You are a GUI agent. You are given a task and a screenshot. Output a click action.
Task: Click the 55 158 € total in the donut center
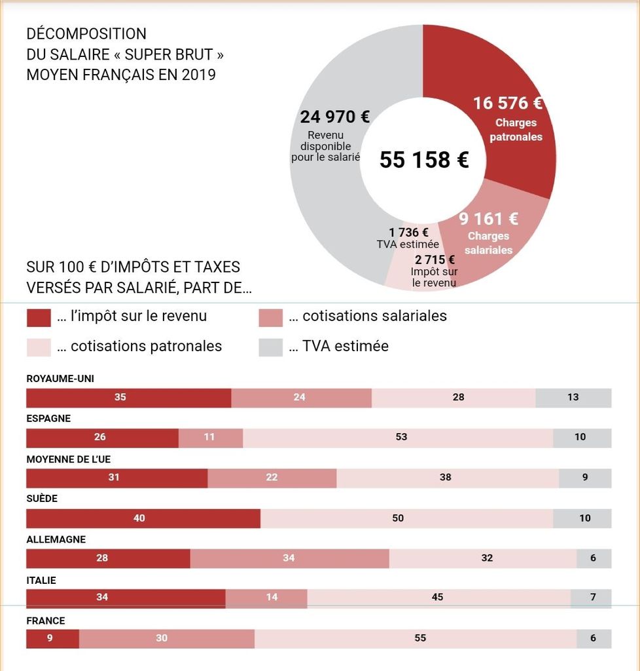pyautogui.click(x=424, y=160)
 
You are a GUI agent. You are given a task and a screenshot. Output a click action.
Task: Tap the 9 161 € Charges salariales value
pyautogui.click(x=488, y=219)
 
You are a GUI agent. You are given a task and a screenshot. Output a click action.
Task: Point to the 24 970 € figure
pyautogui.click(x=334, y=117)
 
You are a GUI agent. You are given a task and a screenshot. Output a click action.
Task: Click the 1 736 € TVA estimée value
pyautogui.click(x=408, y=233)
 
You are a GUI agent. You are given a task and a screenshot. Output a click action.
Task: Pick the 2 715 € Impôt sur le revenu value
pyautogui.click(x=435, y=259)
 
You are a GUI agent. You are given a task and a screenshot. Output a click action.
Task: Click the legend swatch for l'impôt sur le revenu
pyautogui.click(x=39, y=318)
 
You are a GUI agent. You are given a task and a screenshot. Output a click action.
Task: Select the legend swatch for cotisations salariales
pyautogui.click(x=270, y=318)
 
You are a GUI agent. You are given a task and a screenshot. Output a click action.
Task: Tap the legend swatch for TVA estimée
pyautogui.click(x=270, y=347)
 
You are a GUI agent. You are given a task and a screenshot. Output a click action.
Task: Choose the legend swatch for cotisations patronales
pyautogui.click(x=39, y=347)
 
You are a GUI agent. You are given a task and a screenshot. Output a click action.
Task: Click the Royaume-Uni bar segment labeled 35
pyautogui.click(x=129, y=398)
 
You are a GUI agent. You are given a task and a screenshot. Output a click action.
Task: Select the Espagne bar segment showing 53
pyautogui.click(x=398, y=438)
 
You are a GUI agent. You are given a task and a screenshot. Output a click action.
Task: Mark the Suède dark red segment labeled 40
pyautogui.click(x=143, y=518)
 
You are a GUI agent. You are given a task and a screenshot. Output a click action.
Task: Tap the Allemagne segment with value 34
pyautogui.click(x=290, y=558)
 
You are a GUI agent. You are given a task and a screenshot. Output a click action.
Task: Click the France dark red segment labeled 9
pyautogui.click(x=52, y=639)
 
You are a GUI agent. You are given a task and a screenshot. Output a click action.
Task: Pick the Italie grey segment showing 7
pyautogui.click(x=591, y=598)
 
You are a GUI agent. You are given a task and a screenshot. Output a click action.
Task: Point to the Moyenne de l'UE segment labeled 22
pyautogui.click(x=272, y=478)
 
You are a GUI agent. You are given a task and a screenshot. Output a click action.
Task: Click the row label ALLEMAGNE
pyautogui.click(x=56, y=539)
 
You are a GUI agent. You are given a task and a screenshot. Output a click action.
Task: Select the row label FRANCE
pyautogui.click(x=46, y=621)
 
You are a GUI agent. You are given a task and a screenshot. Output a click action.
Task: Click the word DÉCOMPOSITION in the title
pyautogui.click(x=86, y=33)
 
